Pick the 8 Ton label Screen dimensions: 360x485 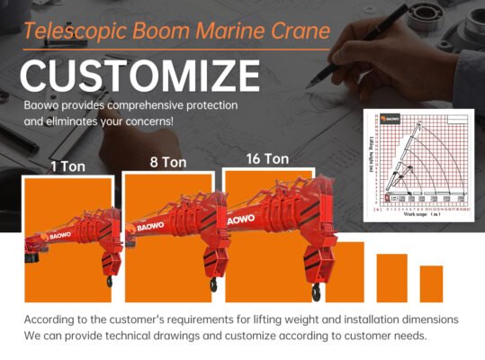(x=167, y=163)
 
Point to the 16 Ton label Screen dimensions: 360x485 (x=267, y=158)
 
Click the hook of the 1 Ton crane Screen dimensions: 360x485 (x=109, y=281)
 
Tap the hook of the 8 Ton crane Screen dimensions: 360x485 (x=213, y=284)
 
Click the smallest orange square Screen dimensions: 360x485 (x=431, y=283)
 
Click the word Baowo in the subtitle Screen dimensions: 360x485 (x=41, y=105)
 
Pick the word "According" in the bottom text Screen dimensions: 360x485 (x=54, y=320)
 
